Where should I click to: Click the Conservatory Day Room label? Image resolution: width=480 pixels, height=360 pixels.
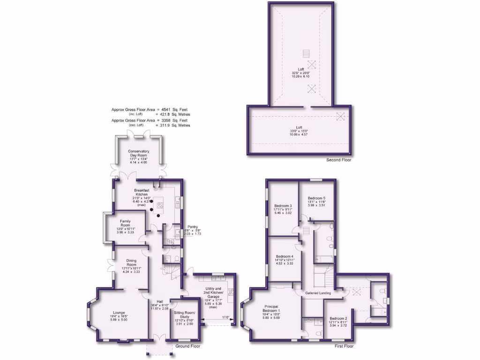click(x=138, y=153)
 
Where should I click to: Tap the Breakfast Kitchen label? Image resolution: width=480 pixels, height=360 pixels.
click(x=142, y=192)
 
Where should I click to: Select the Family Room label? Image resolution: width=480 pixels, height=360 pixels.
click(x=125, y=223)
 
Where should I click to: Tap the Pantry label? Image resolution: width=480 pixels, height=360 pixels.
click(x=192, y=226)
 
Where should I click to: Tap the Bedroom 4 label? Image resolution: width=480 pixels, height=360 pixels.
click(x=285, y=256)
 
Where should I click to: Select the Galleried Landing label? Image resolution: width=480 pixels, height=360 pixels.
click(x=318, y=293)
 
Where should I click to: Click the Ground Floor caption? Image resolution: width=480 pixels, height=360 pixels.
click(x=188, y=346)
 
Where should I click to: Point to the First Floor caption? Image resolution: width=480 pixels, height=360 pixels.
click(x=344, y=346)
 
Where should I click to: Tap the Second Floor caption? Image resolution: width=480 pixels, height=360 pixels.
click(x=338, y=160)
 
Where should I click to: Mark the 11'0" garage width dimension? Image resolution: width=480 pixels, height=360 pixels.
click(x=225, y=318)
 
